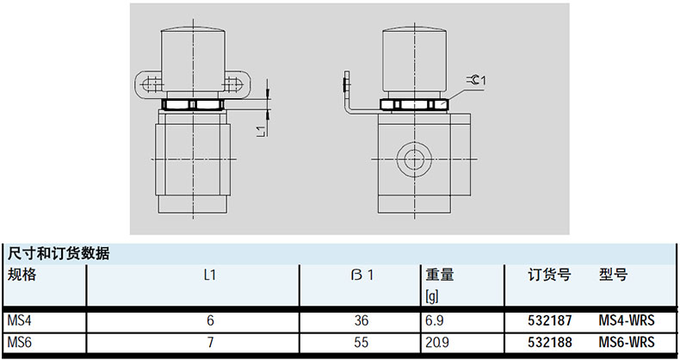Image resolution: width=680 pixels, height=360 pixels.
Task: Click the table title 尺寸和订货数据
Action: coord(59,254)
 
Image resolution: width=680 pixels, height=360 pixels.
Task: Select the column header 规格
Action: coord(22,275)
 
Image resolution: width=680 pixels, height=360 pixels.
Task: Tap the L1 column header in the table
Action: coord(210,275)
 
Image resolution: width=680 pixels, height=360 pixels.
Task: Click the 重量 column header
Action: coord(439,275)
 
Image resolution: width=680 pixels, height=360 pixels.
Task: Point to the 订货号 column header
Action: coord(549,275)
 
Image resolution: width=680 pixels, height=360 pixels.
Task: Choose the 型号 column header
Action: coord(613,275)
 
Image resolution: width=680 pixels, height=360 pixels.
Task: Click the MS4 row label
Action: coord(20,320)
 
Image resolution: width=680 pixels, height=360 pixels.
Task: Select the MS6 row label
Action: coord(20,343)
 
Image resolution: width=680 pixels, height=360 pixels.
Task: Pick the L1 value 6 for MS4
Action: coord(210,320)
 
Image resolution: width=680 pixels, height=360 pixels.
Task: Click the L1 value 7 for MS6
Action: coord(210,343)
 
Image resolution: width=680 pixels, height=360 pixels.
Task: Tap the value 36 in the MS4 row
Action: coord(361,320)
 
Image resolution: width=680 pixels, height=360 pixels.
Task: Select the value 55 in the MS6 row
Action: coord(361,343)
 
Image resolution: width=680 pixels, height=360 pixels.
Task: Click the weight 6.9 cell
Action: coord(435,320)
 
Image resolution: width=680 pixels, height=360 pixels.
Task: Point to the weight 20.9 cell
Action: coord(437,343)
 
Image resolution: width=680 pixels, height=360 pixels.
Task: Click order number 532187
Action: coord(550,320)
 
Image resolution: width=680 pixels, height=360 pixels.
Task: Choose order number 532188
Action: coord(550,343)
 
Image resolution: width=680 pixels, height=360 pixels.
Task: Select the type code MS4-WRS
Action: coord(627,320)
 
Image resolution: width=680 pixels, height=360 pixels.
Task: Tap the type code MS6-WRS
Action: coord(627,343)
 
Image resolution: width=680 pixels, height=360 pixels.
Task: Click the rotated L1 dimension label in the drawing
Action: coord(261,132)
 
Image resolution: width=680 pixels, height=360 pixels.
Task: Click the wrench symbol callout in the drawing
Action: coord(476,80)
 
